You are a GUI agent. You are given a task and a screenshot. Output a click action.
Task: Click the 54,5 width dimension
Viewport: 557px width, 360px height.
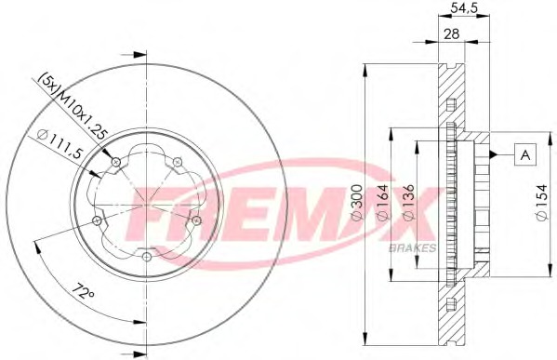point(464,7)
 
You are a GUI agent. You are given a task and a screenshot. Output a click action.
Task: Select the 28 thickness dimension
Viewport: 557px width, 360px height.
point(452,34)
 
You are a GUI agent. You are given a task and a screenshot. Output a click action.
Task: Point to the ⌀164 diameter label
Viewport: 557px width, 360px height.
point(383,203)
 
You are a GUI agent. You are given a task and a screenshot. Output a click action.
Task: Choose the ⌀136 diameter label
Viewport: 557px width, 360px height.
point(408,203)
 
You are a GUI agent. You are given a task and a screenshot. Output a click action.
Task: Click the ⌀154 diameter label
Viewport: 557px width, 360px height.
point(542,203)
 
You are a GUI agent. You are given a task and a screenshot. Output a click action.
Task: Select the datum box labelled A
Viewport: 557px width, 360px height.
point(525,154)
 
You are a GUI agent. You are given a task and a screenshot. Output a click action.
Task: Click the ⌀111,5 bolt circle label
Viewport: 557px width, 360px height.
point(60,145)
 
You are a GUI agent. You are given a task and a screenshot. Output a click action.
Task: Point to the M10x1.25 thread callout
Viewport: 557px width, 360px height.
point(83,114)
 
